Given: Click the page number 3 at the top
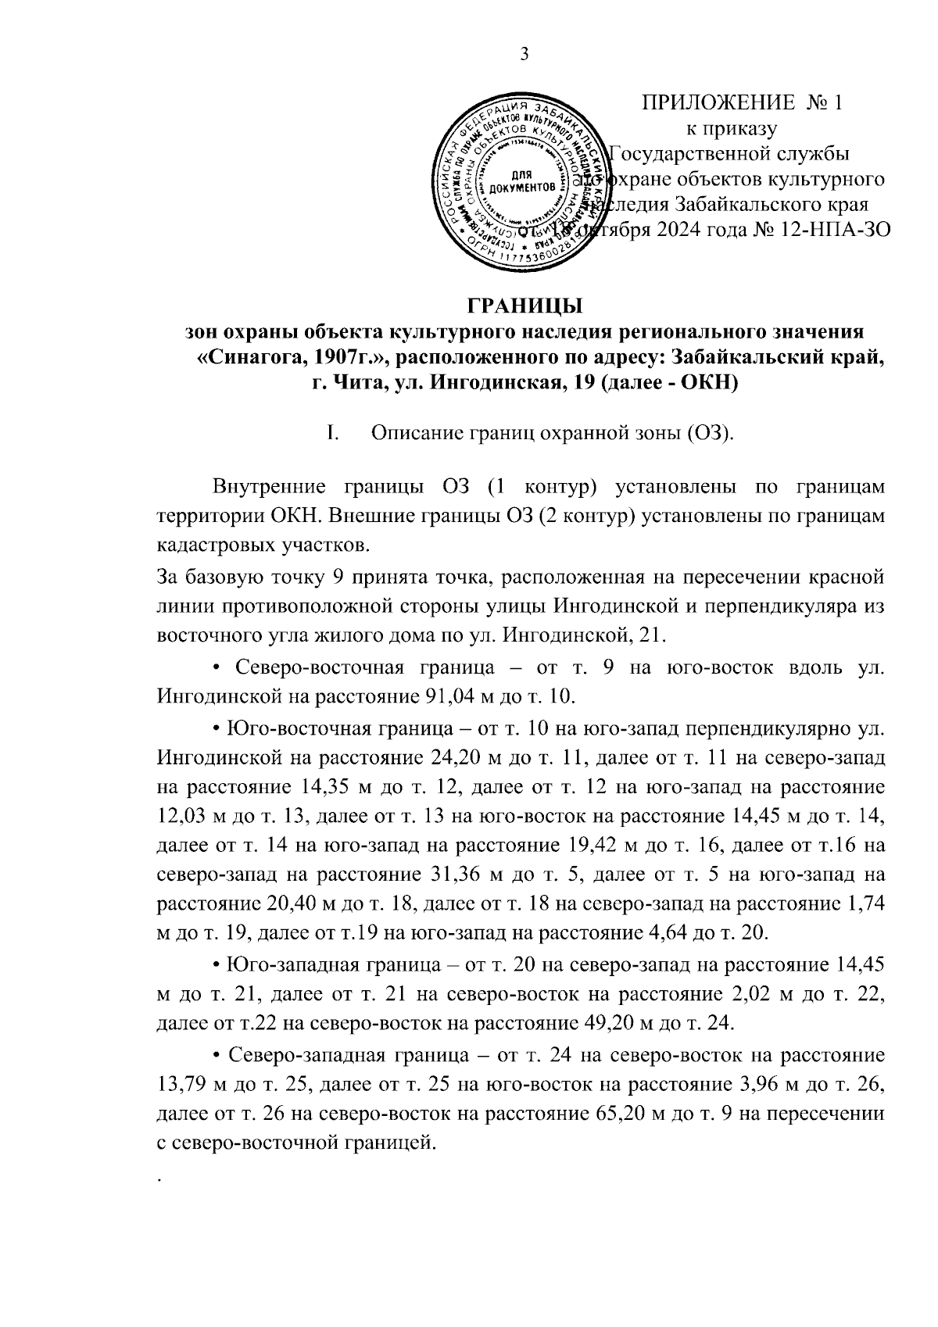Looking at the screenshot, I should (x=524, y=53).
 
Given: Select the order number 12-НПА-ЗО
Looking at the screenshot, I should (x=832, y=231).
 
